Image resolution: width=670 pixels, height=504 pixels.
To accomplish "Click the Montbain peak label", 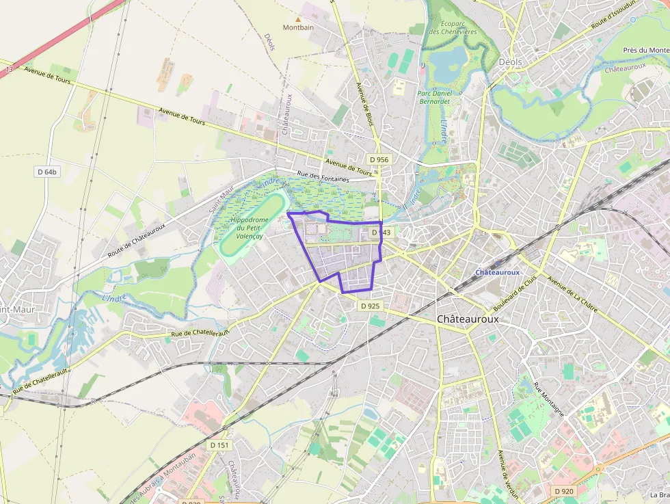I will (x=299, y=28).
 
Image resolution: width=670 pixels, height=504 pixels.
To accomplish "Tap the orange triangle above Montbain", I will (x=297, y=19).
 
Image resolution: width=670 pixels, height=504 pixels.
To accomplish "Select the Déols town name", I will (x=510, y=62).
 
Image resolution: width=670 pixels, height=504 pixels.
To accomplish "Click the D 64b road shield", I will (x=46, y=172).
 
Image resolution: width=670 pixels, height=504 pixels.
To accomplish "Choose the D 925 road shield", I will (x=369, y=306).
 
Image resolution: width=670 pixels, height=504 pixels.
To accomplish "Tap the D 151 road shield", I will (x=220, y=445).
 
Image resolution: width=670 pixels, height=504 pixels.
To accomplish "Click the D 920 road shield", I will (x=564, y=491).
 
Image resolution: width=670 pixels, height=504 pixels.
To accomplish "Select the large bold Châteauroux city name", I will (x=468, y=319).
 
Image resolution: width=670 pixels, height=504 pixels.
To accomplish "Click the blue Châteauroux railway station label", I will (x=498, y=272).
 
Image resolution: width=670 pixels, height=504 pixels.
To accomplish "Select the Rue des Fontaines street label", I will (x=323, y=176).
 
